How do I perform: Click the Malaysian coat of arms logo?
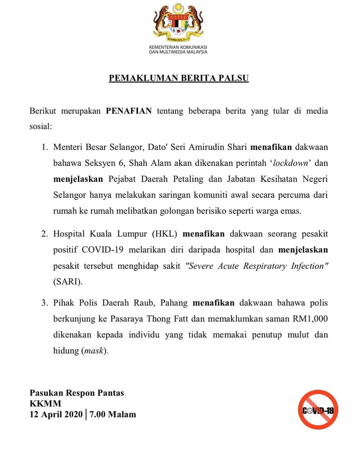pos(178,22)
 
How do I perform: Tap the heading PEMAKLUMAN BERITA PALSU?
pos(179,78)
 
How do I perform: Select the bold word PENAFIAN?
pos(129,111)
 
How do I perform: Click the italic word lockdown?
pos(290,163)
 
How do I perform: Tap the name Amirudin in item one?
pos(206,147)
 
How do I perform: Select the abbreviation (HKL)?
pos(165,234)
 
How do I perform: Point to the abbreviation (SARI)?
pos(68,282)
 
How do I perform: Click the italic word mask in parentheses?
pos(94,351)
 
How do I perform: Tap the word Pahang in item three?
pos(174,303)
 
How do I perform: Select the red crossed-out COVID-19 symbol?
pos(318,410)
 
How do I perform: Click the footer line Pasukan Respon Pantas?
pos(77,393)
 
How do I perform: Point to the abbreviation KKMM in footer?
pos(45,404)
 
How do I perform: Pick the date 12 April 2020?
pos(56,414)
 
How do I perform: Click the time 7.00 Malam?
pos(113,414)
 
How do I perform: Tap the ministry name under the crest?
pos(178,49)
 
